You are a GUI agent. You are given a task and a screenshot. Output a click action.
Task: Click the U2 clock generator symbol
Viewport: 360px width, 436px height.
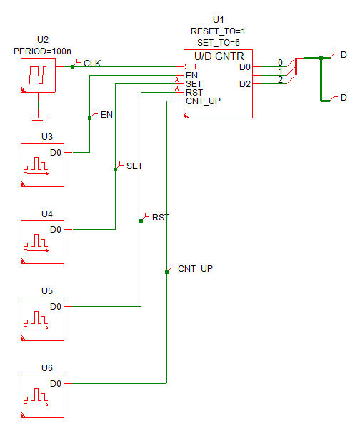pos(38,75)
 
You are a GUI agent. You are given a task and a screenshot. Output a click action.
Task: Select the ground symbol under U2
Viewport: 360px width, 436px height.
pos(38,120)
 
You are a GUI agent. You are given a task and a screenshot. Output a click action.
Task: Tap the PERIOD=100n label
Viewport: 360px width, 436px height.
pos(42,51)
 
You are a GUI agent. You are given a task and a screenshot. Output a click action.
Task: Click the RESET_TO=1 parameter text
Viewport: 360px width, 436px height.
pos(218,31)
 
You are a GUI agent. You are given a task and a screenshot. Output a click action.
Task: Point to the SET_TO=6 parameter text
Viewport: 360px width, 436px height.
pos(219,43)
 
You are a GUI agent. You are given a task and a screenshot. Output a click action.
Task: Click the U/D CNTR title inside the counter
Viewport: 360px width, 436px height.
pos(219,56)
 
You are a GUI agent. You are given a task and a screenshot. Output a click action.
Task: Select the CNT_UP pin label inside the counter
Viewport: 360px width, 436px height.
pos(204,101)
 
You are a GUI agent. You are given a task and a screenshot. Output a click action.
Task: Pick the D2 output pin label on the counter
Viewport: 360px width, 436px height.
pos(245,84)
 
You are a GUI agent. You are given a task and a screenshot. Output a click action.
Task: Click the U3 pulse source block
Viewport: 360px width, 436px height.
pos(43,165)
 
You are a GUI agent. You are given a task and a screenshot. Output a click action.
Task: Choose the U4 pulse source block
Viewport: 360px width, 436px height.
pos(43,242)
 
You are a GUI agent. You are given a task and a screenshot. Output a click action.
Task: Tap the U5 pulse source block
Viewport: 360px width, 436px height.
pos(43,319)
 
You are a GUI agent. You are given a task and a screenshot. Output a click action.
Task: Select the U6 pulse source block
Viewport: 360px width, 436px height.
pos(43,396)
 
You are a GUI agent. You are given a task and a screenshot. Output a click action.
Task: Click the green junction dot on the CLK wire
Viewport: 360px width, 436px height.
pos(72,67)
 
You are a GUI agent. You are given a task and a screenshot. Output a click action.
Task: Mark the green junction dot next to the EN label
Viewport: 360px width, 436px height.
pos(90,118)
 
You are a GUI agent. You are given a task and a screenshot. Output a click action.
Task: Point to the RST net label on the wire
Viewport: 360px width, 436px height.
pos(161,218)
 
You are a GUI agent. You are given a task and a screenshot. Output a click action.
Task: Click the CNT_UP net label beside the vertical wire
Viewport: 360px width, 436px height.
pos(195,269)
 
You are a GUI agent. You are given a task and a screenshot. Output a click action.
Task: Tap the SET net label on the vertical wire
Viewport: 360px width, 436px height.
pos(134,166)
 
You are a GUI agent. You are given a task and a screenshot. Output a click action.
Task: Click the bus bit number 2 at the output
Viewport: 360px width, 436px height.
pos(281,80)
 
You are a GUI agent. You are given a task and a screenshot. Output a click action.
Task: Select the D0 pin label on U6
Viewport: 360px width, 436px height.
pos(56,384)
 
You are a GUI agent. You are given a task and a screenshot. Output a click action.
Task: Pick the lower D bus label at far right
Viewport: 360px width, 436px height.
pos(344,98)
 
